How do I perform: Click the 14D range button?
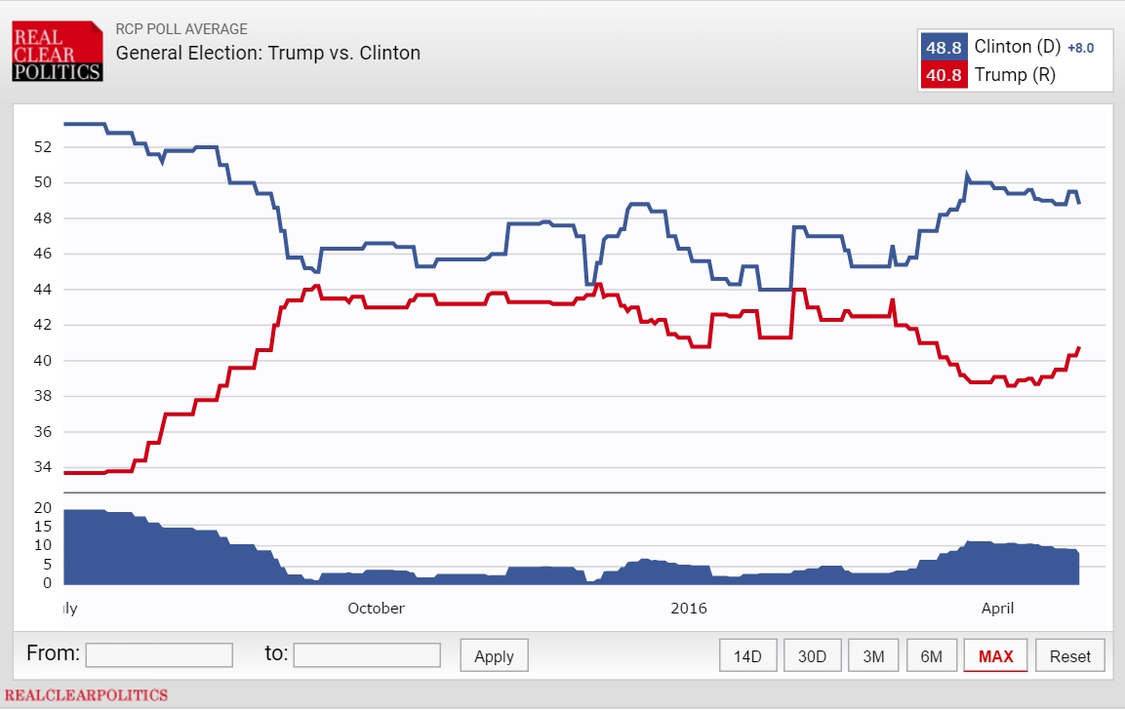pos(747,656)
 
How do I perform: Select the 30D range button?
pos(812,656)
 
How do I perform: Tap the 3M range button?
pos(873,656)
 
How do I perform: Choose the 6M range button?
pos(931,656)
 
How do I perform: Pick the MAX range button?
pos(995,656)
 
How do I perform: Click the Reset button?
pos(1070,656)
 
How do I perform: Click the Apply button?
pos(494,656)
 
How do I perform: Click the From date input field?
pos(159,654)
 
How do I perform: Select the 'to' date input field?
pos(367,654)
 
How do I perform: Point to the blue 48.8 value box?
pos(944,47)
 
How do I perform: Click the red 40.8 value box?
pos(944,75)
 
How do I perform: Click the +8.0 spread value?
pos(1080,48)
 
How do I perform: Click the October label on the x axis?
pos(376,609)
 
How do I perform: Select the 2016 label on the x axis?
pos(689,609)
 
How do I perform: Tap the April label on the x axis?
pos(997,609)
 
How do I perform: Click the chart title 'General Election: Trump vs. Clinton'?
pos(268,53)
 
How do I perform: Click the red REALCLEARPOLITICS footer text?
pos(86,695)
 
